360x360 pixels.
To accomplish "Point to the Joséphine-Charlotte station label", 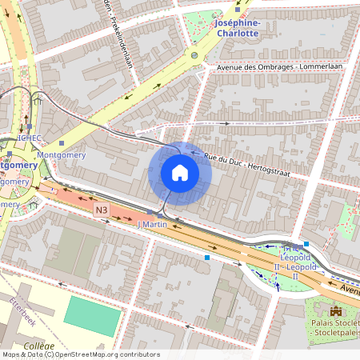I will click(x=238, y=28).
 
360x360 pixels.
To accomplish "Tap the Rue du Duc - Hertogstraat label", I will click(x=246, y=165).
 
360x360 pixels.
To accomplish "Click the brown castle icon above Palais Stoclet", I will click(x=336, y=310).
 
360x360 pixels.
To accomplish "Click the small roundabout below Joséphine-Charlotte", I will click(x=194, y=55).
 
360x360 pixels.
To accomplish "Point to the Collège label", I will click(x=34, y=346).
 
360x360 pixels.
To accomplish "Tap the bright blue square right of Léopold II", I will click(x=306, y=244).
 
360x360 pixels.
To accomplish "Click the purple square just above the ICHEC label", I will click(x=28, y=126).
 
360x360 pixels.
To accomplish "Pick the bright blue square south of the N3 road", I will click(x=207, y=258).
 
